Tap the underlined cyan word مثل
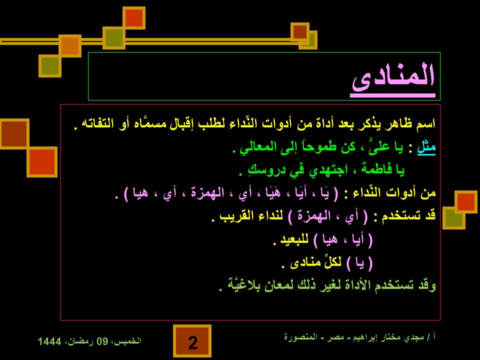coord(426,147)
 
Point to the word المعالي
coord(256,147)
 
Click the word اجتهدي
coord(328,170)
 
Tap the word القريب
coord(235,216)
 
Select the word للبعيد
coord(294,239)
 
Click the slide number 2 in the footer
coord(192,342)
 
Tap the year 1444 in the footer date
coord(49,341)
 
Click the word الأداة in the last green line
coord(360,285)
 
